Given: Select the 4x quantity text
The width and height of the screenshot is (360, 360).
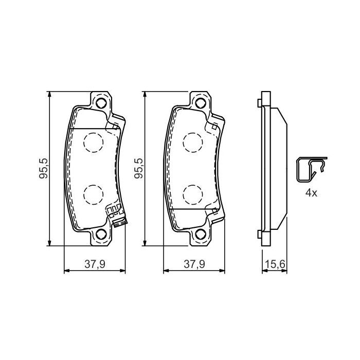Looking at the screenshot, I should click(311, 194).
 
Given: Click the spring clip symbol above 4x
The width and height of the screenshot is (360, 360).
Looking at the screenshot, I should click(310, 169).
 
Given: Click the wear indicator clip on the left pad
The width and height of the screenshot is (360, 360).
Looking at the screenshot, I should click(116, 214).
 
